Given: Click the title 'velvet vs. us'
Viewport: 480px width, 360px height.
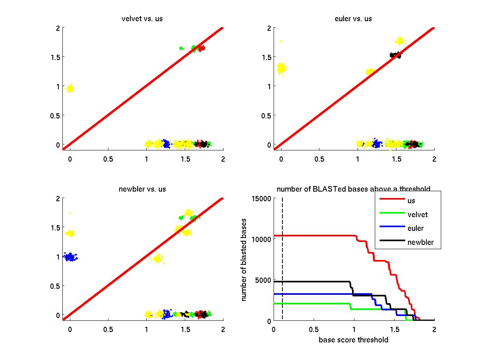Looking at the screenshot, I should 142,19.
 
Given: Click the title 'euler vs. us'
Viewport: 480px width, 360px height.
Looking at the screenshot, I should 354,19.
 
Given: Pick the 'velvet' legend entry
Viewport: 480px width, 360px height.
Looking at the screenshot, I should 417,215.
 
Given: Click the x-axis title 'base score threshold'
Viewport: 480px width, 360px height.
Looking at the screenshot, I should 354,340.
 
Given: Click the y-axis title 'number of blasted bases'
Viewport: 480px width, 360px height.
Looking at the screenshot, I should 244,260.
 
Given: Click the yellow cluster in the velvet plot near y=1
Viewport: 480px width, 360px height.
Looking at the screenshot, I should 70,88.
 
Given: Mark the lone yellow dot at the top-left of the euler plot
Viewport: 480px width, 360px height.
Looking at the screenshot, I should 281,41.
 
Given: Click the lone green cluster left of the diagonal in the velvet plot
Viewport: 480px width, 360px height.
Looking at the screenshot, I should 181,48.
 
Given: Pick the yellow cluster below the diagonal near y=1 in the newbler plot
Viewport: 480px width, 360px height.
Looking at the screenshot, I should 157,258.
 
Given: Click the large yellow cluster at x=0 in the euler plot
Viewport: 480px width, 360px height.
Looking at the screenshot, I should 282,68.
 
